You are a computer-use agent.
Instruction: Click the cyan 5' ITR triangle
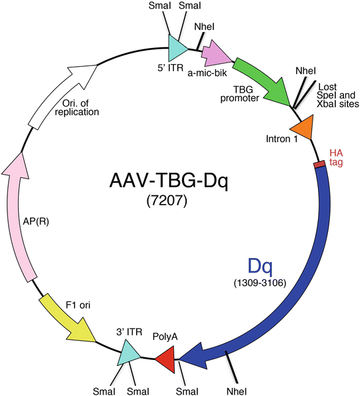click(177, 47)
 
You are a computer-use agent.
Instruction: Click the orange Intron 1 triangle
click(301, 127)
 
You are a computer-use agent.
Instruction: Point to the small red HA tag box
click(319, 163)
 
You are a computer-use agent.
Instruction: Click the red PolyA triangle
click(165, 362)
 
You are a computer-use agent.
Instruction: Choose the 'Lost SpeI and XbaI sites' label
click(338, 95)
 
